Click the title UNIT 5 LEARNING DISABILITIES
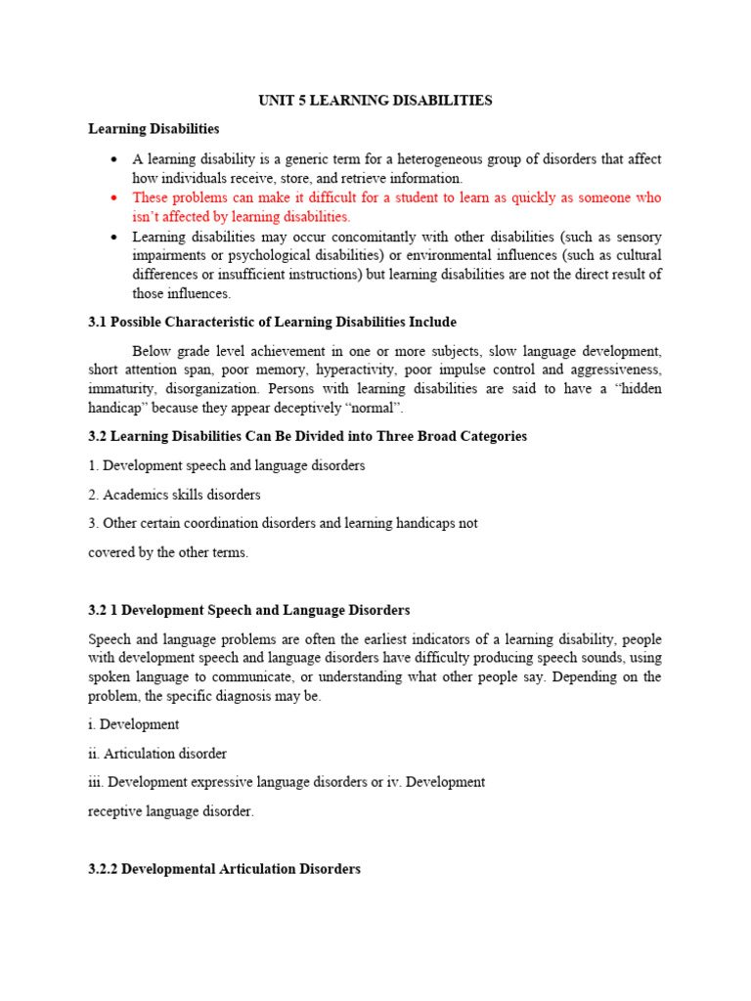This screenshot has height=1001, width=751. [x=375, y=101]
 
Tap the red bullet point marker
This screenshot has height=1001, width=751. [x=114, y=197]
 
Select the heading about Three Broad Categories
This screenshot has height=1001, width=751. [x=307, y=436]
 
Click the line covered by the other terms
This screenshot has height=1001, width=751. [x=168, y=552]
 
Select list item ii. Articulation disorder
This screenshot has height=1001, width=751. [x=157, y=754]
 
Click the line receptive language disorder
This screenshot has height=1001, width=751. [x=170, y=811]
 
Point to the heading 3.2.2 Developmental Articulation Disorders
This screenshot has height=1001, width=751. [x=224, y=868]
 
